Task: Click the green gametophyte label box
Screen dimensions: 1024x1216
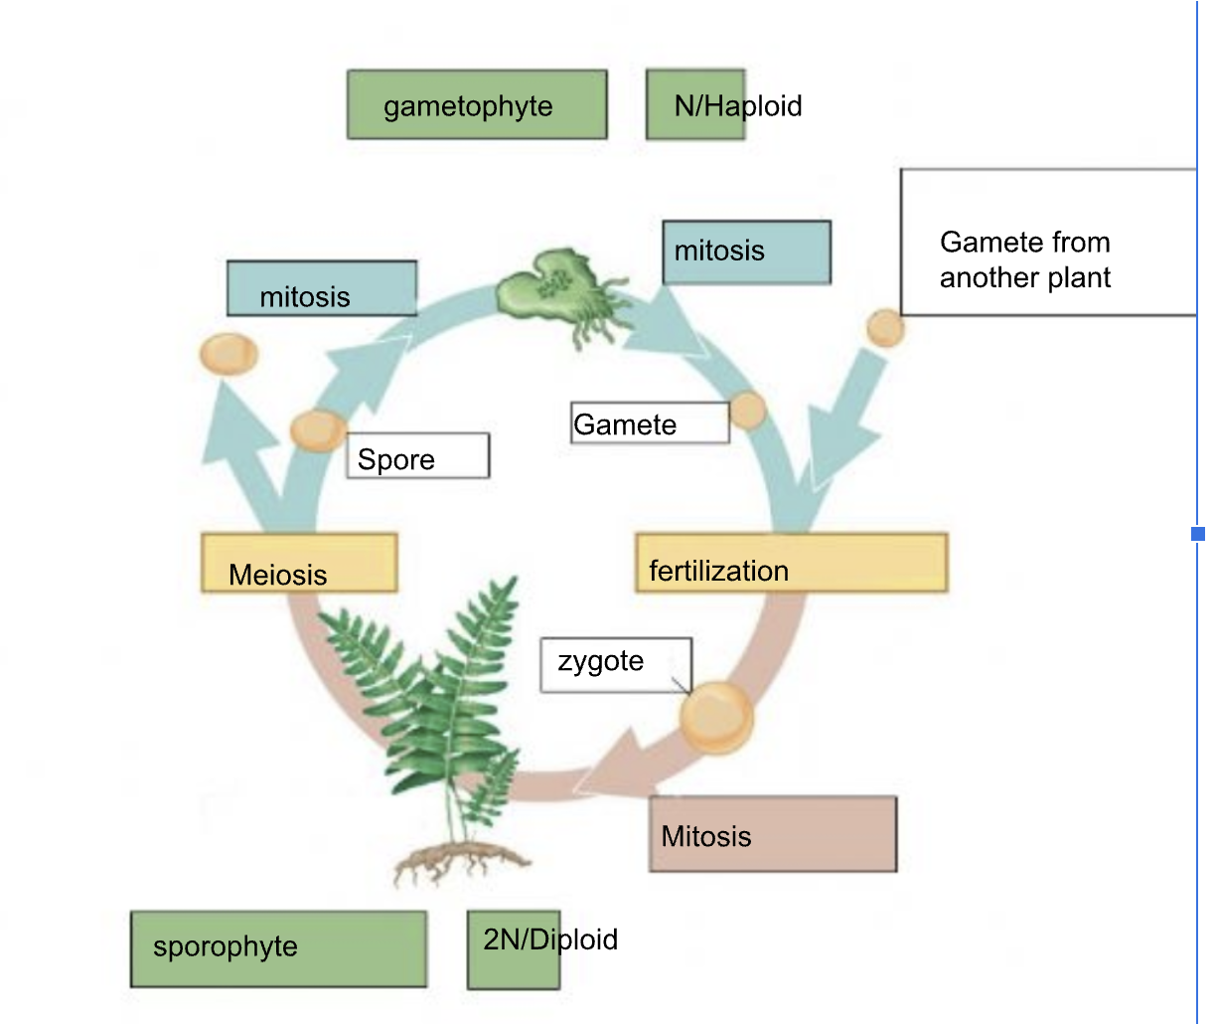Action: pos(476,104)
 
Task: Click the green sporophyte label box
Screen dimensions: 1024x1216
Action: pos(278,948)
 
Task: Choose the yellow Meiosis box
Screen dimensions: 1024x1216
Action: pos(299,564)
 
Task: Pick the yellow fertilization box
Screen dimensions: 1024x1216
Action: pos(791,563)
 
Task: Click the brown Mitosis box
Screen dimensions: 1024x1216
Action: pos(773,835)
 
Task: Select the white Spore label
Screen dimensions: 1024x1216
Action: pos(417,456)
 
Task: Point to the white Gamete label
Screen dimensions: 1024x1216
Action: pos(649,424)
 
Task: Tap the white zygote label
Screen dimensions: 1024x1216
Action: pos(614,664)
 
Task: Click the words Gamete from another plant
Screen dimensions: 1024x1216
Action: pos(1025,259)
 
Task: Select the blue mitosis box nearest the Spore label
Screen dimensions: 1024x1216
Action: pos(321,289)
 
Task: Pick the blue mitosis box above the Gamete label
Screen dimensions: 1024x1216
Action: pos(746,252)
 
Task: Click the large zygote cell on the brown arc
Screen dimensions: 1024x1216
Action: pos(716,717)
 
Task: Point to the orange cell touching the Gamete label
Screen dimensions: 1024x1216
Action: pos(748,410)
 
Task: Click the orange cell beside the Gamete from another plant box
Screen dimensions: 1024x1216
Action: pos(885,327)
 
